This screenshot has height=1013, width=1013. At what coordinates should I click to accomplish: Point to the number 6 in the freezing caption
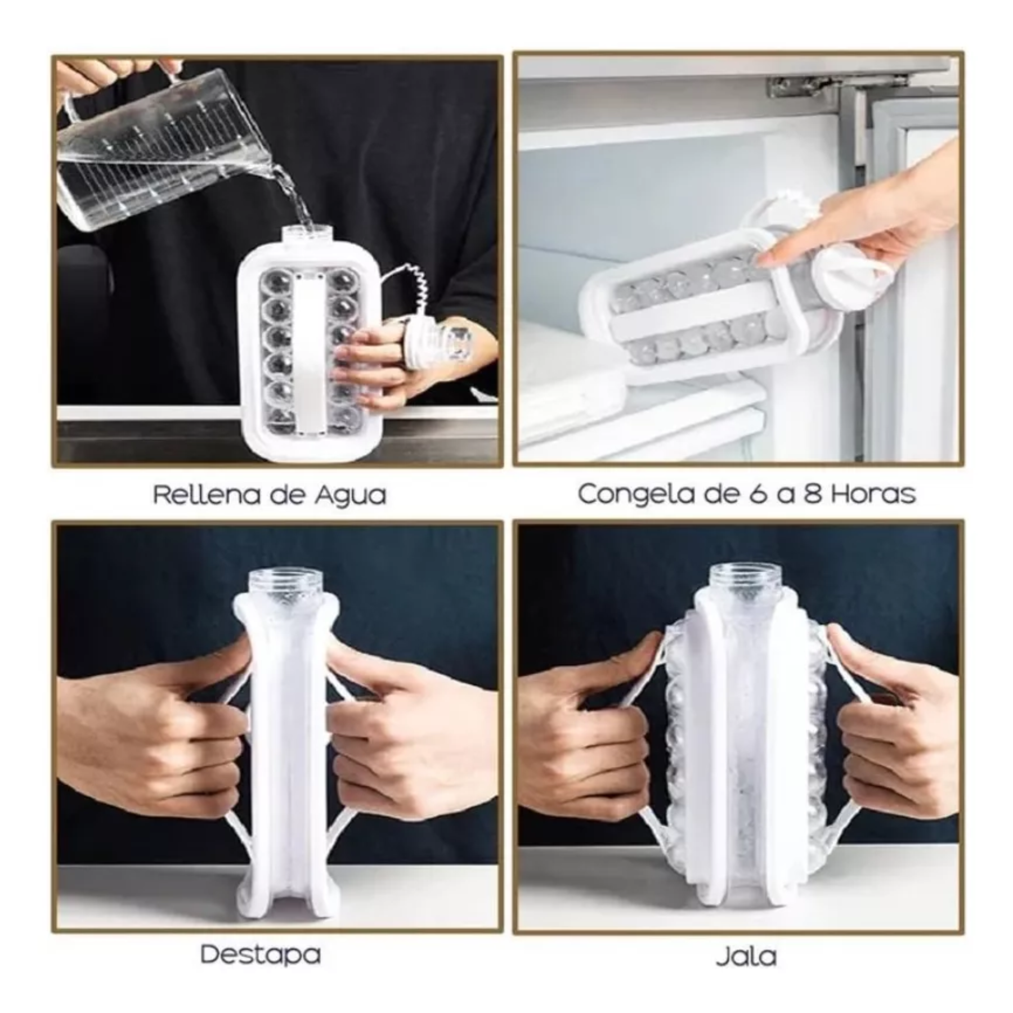coord(762,494)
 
